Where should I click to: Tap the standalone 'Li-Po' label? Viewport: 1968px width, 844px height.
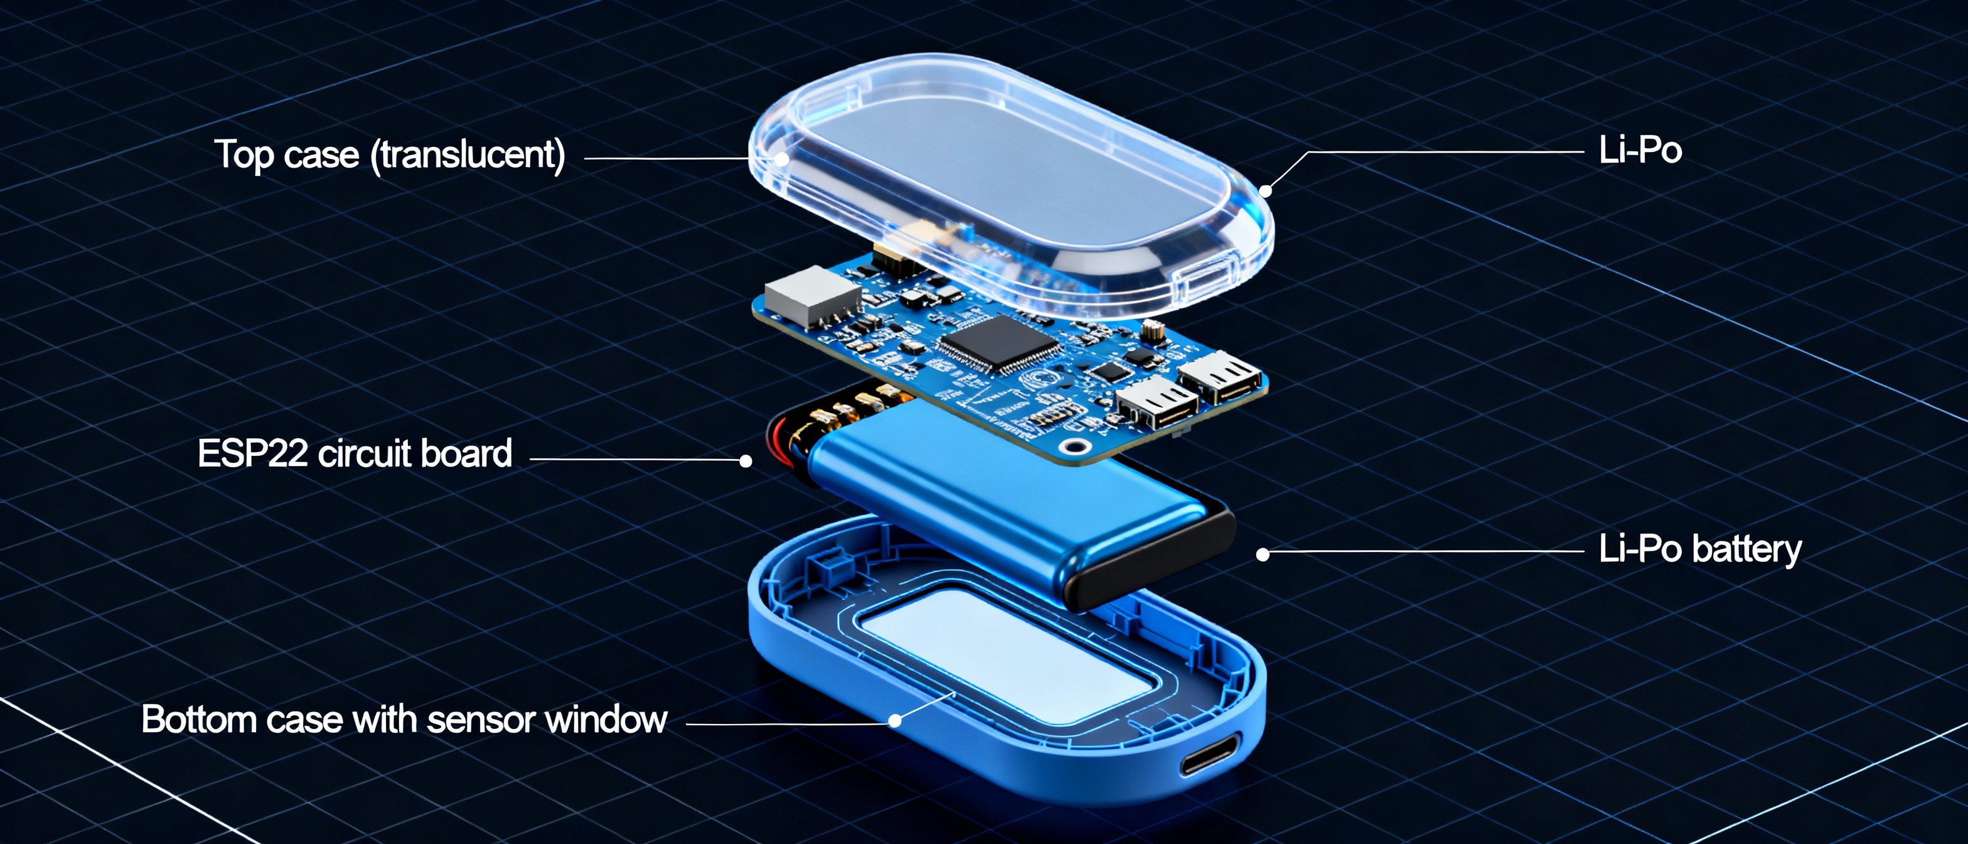pyautogui.click(x=1640, y=151)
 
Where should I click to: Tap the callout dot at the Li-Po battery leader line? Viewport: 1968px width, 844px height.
pyautogui.click(x=1263, y=555)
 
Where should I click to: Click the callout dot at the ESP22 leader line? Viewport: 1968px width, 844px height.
pyautogui.click(x=746, y=460)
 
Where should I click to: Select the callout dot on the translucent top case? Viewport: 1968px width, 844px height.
pyautogui.click(x=781, y=159)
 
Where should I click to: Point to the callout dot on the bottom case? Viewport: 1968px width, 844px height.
pyautogui.click(x=895, y=721)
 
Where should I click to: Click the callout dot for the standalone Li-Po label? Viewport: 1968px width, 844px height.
pyautogui.click(x=1266, y=190)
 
